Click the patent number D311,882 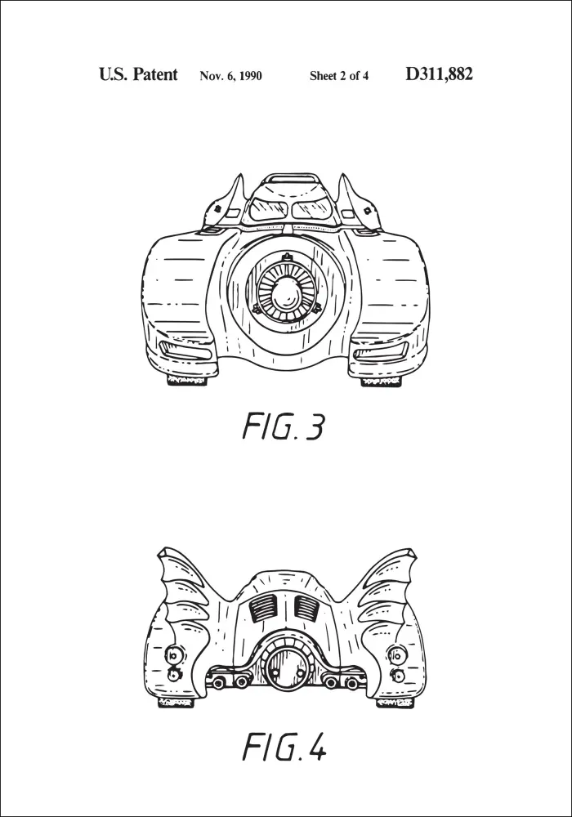[x=439, y=74]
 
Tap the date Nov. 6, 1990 [x=230, y=76]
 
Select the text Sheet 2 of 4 [x=339, y=76]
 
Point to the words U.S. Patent [x=138, y=74]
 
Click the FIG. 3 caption [x=284, y=426]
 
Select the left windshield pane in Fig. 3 [x=269, y=209]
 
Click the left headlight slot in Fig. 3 [x=186, y=350]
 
